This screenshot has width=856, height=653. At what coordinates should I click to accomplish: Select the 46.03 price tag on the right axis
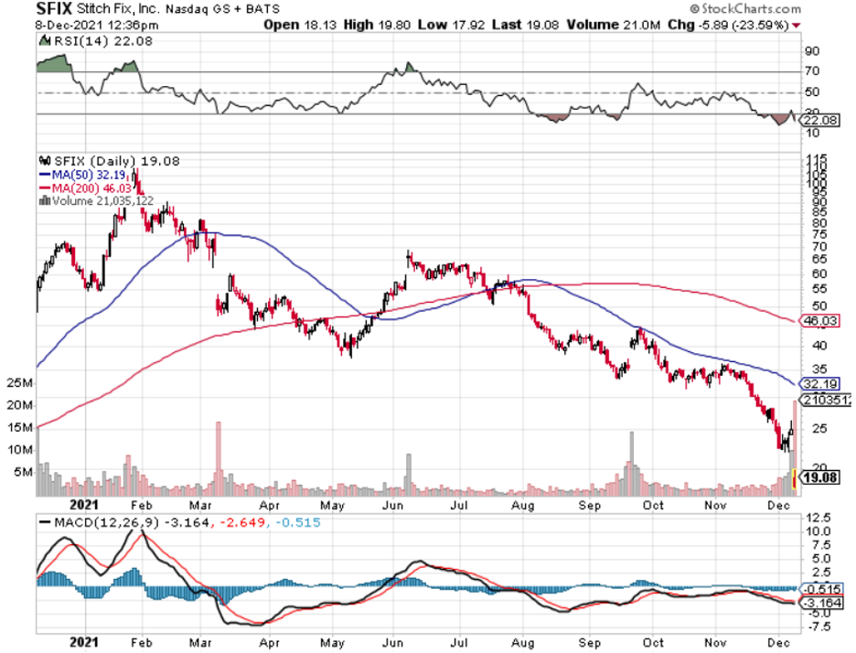pos(819,321)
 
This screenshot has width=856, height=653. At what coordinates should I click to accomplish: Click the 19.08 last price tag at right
pos(821,477)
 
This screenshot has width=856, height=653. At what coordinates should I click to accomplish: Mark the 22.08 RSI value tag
pos(819,120)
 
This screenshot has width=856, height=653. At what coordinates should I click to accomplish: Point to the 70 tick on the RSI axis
pos(810,71)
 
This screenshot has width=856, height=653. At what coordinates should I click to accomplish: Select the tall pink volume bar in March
pos(218,457)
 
